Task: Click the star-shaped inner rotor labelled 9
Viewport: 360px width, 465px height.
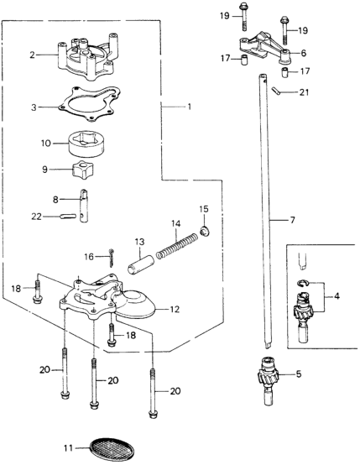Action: click(x=82, y=169)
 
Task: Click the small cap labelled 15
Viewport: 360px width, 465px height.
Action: click(x=204, y=231)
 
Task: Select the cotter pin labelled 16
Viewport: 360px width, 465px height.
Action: click(x=112, y=258)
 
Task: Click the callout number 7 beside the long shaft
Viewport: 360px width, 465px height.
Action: click(x=292, y=220)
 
